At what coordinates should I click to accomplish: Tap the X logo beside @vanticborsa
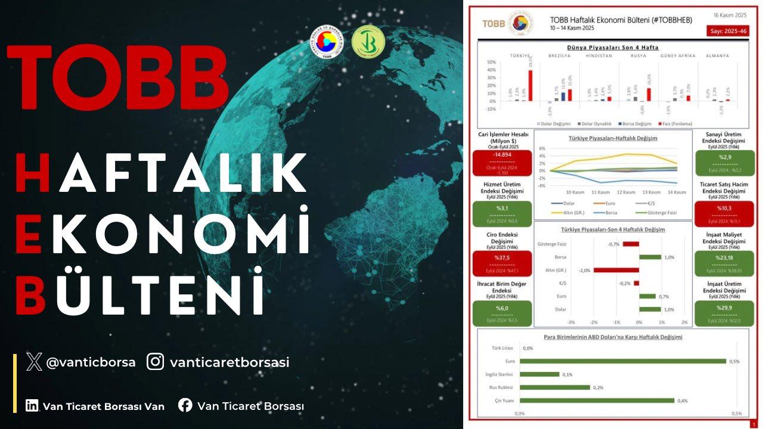pos(34,362)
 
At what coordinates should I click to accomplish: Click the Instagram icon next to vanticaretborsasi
pos(156,362)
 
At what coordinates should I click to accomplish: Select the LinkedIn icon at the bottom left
pos(32,406)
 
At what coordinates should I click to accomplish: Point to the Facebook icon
pos(185,406)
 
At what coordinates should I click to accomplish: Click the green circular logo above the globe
pos(368,42)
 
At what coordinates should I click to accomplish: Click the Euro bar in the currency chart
pos(622,361)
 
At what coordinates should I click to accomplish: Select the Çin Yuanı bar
pos(597,400)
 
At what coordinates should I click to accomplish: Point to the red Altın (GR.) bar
pos(616,270)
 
